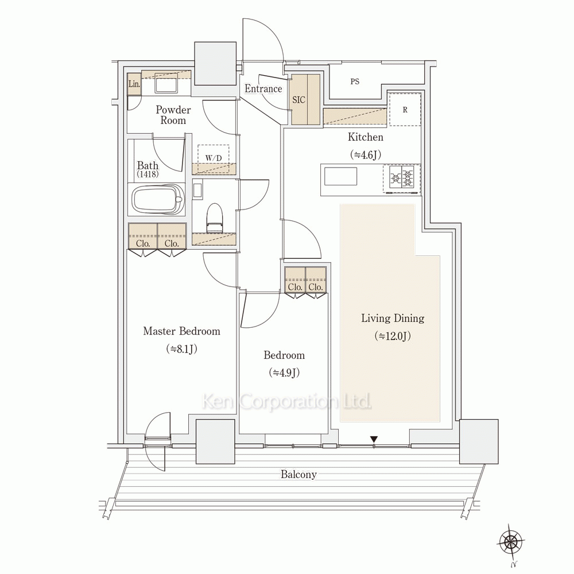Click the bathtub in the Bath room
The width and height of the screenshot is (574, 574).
[158, 200]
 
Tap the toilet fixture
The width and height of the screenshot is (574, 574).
[215, 218]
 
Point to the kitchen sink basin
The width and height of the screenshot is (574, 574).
[340, 176]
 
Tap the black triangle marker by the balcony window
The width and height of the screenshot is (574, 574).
[374, 439]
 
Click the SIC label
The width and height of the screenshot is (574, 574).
[298, 99]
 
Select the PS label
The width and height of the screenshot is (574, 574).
[355, 82]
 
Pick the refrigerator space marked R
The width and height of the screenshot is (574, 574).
[405, 110]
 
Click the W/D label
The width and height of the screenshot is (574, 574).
[214, 158]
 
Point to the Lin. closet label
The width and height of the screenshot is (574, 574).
[134, 84]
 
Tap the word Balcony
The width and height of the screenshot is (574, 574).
[298, 475]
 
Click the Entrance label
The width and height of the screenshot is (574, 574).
[263, 88]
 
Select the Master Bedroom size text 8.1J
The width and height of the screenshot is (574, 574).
[181, 349]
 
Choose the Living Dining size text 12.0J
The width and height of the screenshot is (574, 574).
[393, 336]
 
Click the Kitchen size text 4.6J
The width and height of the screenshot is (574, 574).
[365, 155]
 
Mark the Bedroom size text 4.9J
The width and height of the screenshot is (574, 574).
[284, 373]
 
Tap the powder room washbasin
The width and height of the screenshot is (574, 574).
[166, 83]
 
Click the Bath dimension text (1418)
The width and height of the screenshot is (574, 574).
[148, 174]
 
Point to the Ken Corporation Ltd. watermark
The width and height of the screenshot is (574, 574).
[286, 402]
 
